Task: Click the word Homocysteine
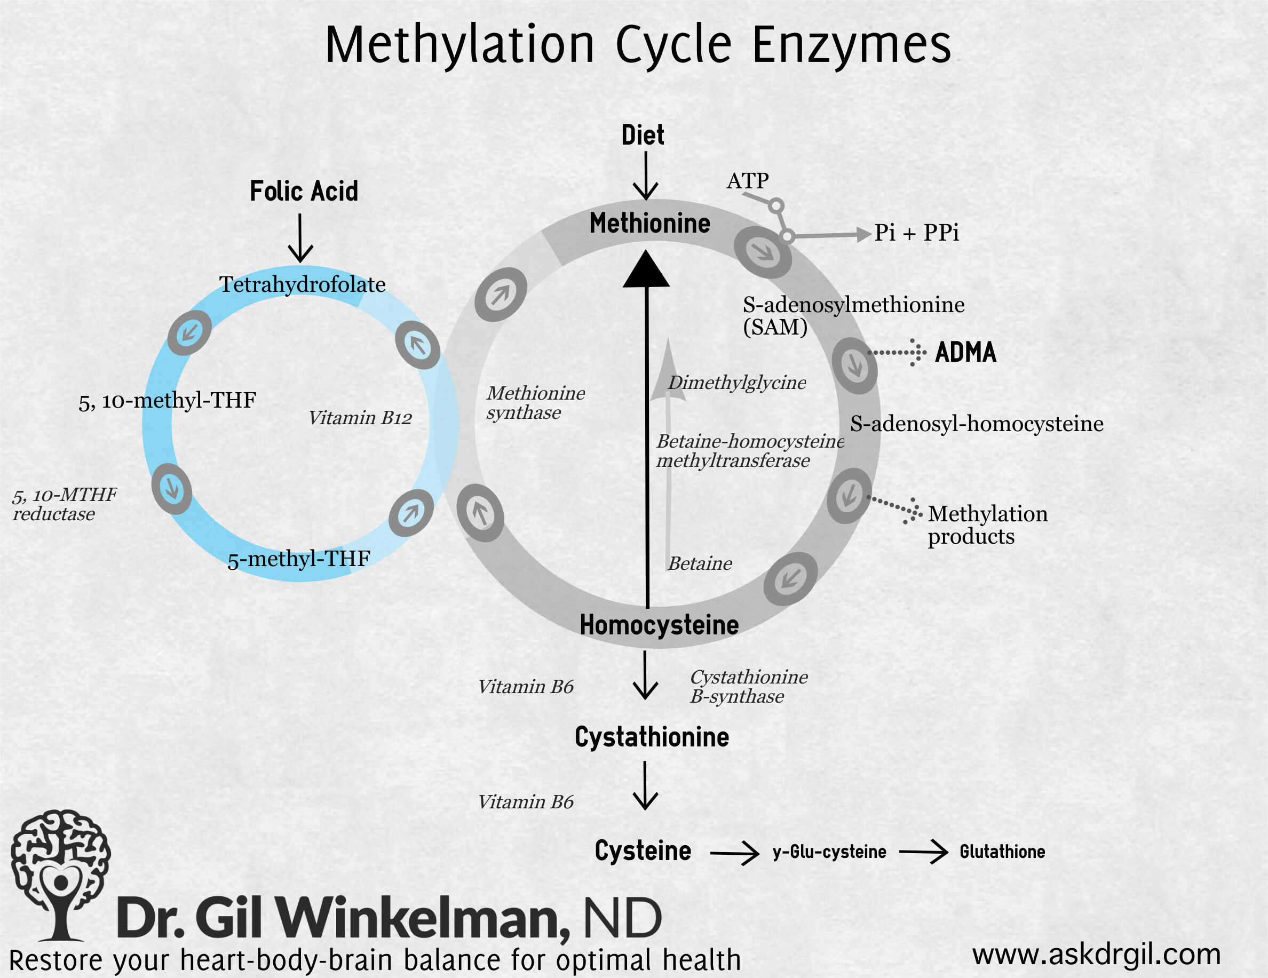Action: coord(659,625)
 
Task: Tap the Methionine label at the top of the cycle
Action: coord(649,224)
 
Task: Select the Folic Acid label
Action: coord(304,191)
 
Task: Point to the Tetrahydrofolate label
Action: coord(302,284)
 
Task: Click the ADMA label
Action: coord(965,352)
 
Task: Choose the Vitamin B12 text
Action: coord(360,418)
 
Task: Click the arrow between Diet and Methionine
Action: coord(645,177)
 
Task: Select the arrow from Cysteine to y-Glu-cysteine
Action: coord(734,853)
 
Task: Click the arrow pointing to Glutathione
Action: coord(923,852)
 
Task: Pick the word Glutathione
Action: coord(1002,852)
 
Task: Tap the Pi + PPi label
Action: coord(916,233)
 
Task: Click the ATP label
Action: coord(747,181)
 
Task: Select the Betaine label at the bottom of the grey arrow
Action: coord(700,563)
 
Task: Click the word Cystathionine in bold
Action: coord(652,737)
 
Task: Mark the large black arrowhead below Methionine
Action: coord(646,271)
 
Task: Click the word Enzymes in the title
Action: coord(852,45)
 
